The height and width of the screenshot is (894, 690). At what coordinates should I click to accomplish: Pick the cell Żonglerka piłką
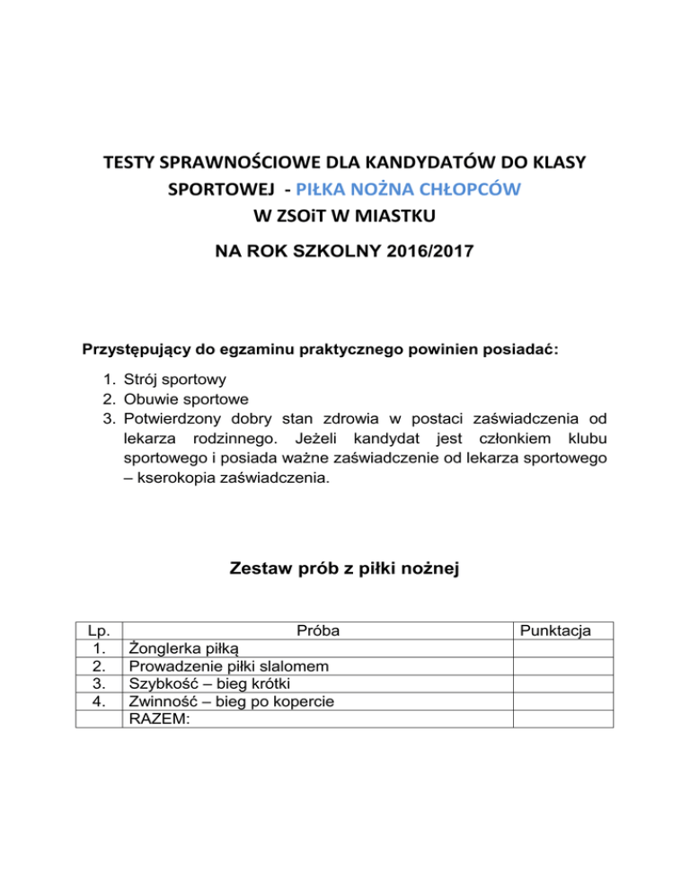[184, 648]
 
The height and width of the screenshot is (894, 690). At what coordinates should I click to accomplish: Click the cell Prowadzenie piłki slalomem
[228, 666]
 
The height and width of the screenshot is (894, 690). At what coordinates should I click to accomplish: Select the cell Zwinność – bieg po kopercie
[233, 702]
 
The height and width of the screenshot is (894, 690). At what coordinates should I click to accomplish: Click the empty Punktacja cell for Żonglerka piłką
[562, 648]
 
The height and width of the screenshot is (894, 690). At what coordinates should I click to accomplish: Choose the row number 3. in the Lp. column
[101, 684]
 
